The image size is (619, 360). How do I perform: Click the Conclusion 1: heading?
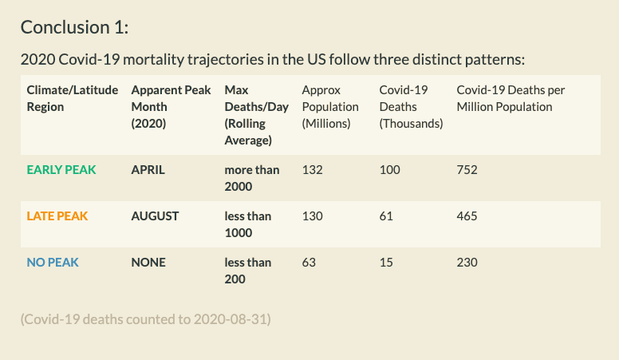(75, 27)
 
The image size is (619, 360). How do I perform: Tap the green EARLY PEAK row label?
(61, 169)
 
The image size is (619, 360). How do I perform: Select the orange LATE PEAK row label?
(57, 216)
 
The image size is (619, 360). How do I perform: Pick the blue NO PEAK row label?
(53, 262)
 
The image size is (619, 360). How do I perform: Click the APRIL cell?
(148, 169)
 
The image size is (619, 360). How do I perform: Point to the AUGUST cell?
(155, 216)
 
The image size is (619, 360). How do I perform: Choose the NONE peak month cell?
(148, 262)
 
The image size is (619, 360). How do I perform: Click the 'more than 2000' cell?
(252, 178)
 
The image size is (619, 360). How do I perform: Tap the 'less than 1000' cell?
(248, 224)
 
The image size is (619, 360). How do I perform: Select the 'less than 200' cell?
(248, 271)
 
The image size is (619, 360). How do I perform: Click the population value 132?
(312, 169)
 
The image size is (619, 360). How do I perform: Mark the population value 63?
(309, 262)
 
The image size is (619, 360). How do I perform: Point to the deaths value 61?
(386, 216)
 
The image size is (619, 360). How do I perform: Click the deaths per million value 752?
(467, 169)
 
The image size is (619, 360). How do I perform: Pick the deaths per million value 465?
(467, 216)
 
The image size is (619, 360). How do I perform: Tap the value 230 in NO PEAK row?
(467, 262)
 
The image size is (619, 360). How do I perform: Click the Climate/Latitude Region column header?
(73, 98)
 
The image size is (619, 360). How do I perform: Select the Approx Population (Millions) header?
(330, 107)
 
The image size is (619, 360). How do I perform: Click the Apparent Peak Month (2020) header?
(171, 107)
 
